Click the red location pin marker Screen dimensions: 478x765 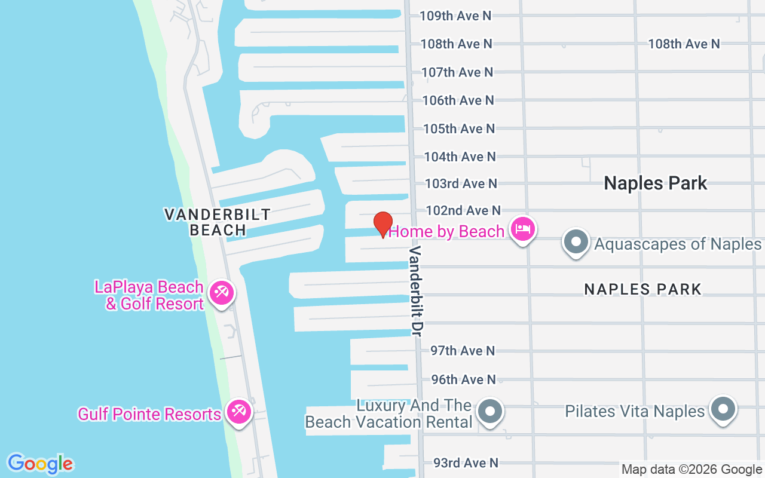[383, 224]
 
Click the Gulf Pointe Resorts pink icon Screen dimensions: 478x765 [239, 413]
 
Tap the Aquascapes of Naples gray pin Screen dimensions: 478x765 [576, 242]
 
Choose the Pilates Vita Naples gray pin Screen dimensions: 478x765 [723, 409]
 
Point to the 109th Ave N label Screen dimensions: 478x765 [455, 16]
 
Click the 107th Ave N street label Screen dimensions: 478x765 [457, 72]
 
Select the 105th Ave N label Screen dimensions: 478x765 [459, 128]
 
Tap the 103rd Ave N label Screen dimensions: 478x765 [461, 183]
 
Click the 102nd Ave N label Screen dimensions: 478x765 [463, 210]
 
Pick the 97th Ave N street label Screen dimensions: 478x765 [463, 351]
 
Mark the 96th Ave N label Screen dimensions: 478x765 [463, 379]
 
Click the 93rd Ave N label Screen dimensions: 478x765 [466, 463]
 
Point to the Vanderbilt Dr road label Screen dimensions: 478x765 [417, 290]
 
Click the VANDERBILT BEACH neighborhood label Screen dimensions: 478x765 [218, 222]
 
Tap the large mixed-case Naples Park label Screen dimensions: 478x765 [656, 183]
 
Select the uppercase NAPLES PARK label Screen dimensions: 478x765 [642, 289]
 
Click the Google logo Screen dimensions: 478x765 [40, 464]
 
